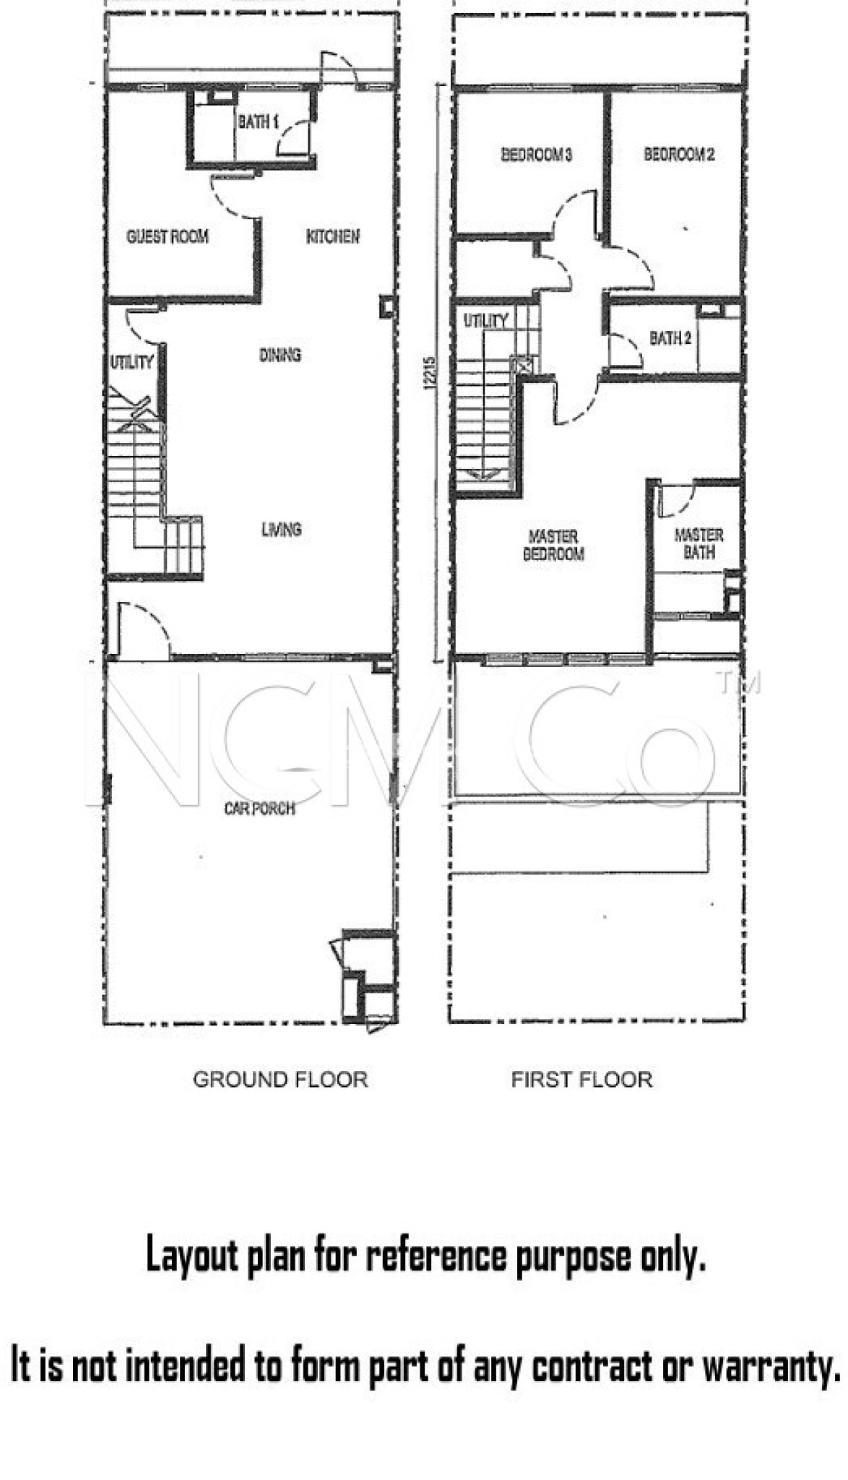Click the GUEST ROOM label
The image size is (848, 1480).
click(x=168, y=236)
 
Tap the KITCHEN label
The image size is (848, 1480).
click(x=333, y=236)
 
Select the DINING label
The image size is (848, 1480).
click(x=280, y=355)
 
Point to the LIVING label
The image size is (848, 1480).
click(x=282, y=530)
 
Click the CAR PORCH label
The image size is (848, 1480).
click(x=260, y=808)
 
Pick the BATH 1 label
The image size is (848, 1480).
click(x=259, y=121)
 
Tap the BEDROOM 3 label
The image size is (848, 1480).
click(x=537, y=154)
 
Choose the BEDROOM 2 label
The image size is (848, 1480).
click(x=680, y=154)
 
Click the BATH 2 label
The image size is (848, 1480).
click(x=670, y=337)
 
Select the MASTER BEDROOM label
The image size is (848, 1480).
click(x=553, y=546)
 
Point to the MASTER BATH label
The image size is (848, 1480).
click(x=699, y=543)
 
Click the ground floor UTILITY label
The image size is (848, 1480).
click(x=131, y=362)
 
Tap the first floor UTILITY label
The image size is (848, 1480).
click(x=486, y=320)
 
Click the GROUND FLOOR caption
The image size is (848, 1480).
click(x=280, y=1080)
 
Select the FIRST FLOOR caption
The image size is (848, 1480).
click(x=582, y=1080)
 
